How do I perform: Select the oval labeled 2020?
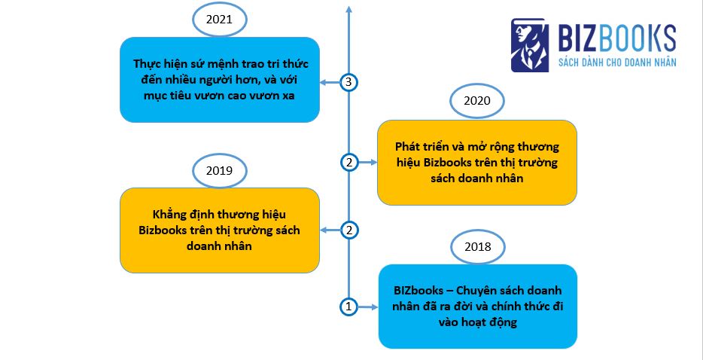[476, 101]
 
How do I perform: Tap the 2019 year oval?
[218, 170]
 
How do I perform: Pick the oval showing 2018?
[477, 246]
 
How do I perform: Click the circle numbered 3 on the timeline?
[348, 83]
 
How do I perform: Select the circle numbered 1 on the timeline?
[348, 307]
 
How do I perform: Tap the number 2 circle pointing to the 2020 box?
[348, 162]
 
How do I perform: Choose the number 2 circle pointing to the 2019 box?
[348, 230]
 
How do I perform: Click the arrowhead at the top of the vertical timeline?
[348, 8]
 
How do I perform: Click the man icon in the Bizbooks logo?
[529, 45]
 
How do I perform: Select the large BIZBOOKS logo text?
[616, 37]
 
